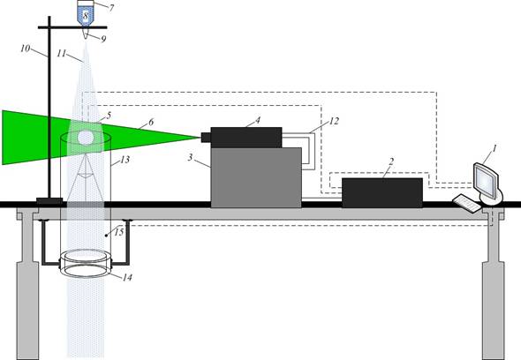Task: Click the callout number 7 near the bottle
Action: (x=111, y=8)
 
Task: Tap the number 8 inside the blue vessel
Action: (x=86, y=16)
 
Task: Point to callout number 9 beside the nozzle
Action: (x=103, y=39)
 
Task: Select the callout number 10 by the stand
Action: (x=26, y=49)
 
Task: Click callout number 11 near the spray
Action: (x=62, y=54)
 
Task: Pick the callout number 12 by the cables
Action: (x=334, y=121)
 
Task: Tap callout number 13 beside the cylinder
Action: (x=125, y=160)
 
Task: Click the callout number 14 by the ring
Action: (x=127, y=277)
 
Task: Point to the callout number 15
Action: (x=119, y=232)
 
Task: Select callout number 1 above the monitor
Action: (x=495, y=148)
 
